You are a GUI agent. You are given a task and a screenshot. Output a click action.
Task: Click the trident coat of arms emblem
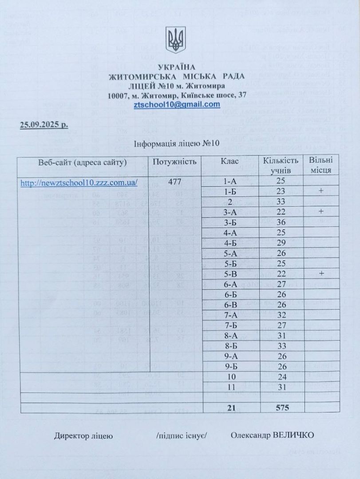tap(176, 39)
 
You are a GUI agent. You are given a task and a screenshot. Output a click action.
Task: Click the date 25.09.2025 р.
tap(44, 124)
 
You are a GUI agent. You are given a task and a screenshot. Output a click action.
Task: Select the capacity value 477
tap(174, 181)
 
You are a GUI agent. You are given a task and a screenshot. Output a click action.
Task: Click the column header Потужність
tap(174, 161)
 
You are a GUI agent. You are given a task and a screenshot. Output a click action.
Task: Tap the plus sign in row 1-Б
tap(320, 192)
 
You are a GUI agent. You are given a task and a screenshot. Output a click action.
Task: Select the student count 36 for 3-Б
tap(281, 222)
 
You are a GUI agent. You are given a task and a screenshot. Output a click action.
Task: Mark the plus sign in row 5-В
tap(320, 272)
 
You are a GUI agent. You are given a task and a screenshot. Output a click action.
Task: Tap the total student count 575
tap(281, 408)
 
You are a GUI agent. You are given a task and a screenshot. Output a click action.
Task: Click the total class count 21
tap(231, 408)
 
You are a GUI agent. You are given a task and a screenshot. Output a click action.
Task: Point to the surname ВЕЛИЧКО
tap(294, 435)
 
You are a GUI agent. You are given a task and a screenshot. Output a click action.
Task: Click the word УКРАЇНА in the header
tap(176, 67)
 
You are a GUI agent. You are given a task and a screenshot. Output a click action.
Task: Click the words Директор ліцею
tap(83, 436)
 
